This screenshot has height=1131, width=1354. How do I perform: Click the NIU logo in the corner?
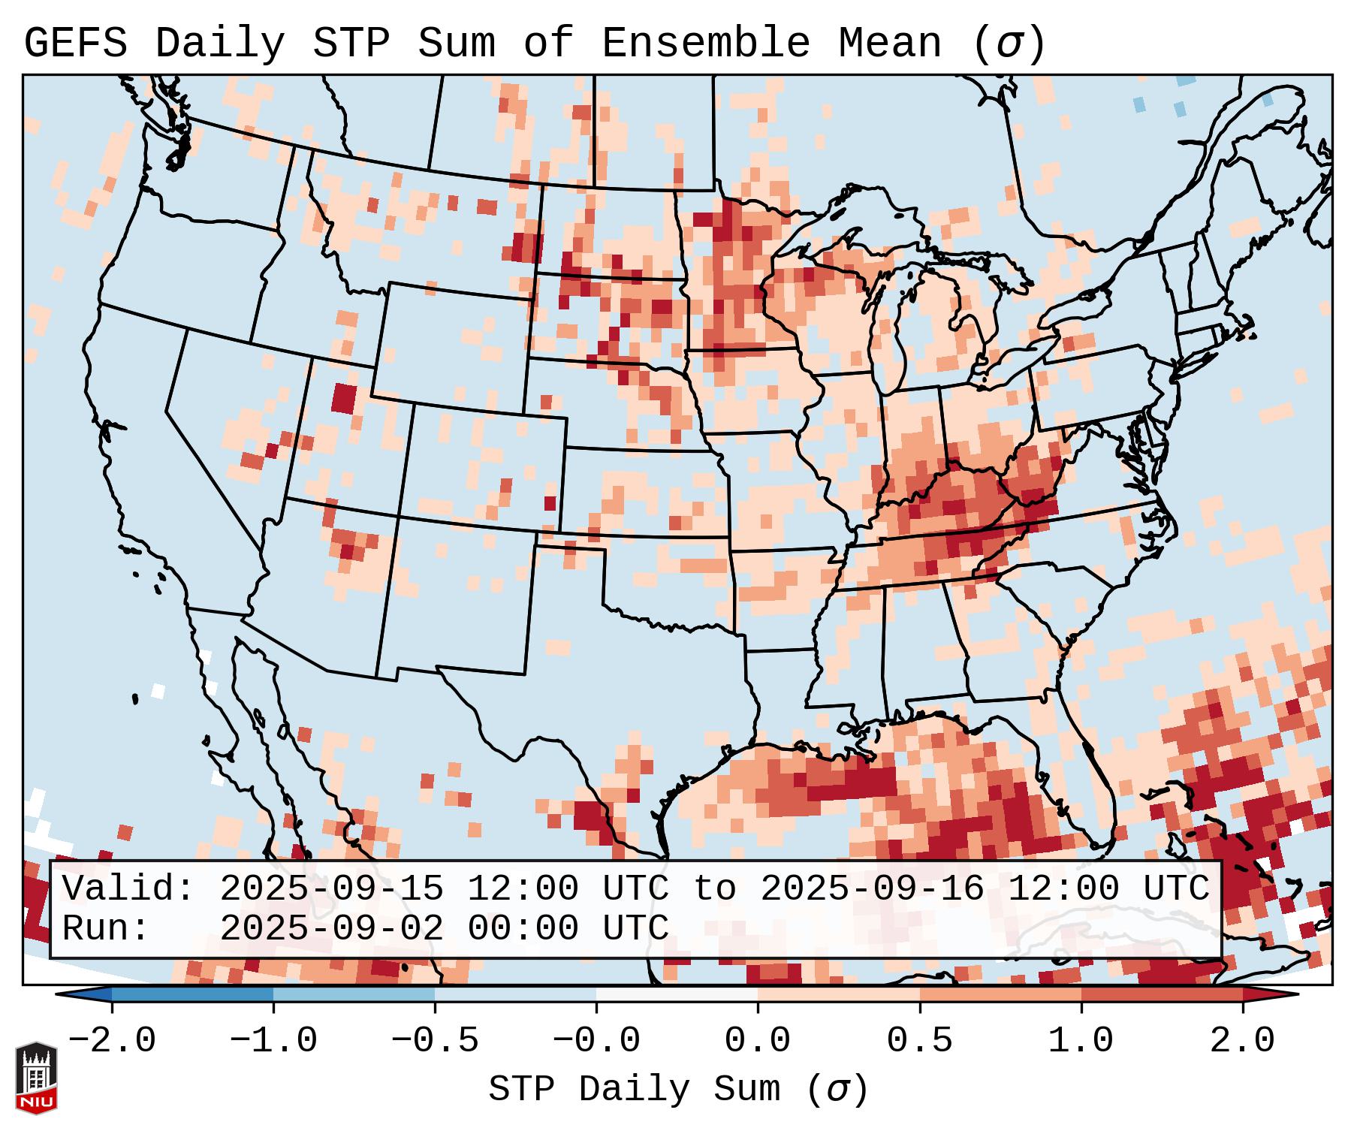tap(36, 1077)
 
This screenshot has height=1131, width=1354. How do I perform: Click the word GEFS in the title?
tap(75, 44)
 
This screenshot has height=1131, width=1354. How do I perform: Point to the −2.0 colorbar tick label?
tap(112, 1040)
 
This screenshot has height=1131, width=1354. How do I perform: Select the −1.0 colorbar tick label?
tap(273, 1040)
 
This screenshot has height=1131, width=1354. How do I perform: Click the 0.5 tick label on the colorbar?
tap(919, 1040)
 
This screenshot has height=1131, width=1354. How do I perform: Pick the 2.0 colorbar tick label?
tap(1242, 1040)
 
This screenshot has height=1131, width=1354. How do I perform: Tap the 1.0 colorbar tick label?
tap(1081, 1040)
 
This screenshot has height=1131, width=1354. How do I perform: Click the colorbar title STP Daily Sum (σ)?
tap(678, 1089)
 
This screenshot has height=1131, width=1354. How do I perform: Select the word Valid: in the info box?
tap(128, 889)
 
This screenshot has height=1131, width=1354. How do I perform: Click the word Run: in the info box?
tap(106, 929)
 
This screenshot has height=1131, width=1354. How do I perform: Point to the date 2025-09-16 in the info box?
tap(872, 889)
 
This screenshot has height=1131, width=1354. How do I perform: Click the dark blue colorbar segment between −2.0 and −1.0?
tap(192, 994)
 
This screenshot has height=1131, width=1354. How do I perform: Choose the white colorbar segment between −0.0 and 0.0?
tap(677, 994)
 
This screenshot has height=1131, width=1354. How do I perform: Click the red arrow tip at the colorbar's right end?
tap(1277, 994)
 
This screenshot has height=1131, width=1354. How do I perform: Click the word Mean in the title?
tap(889, 44)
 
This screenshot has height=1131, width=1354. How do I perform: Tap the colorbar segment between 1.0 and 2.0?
tap(1161, 994)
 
